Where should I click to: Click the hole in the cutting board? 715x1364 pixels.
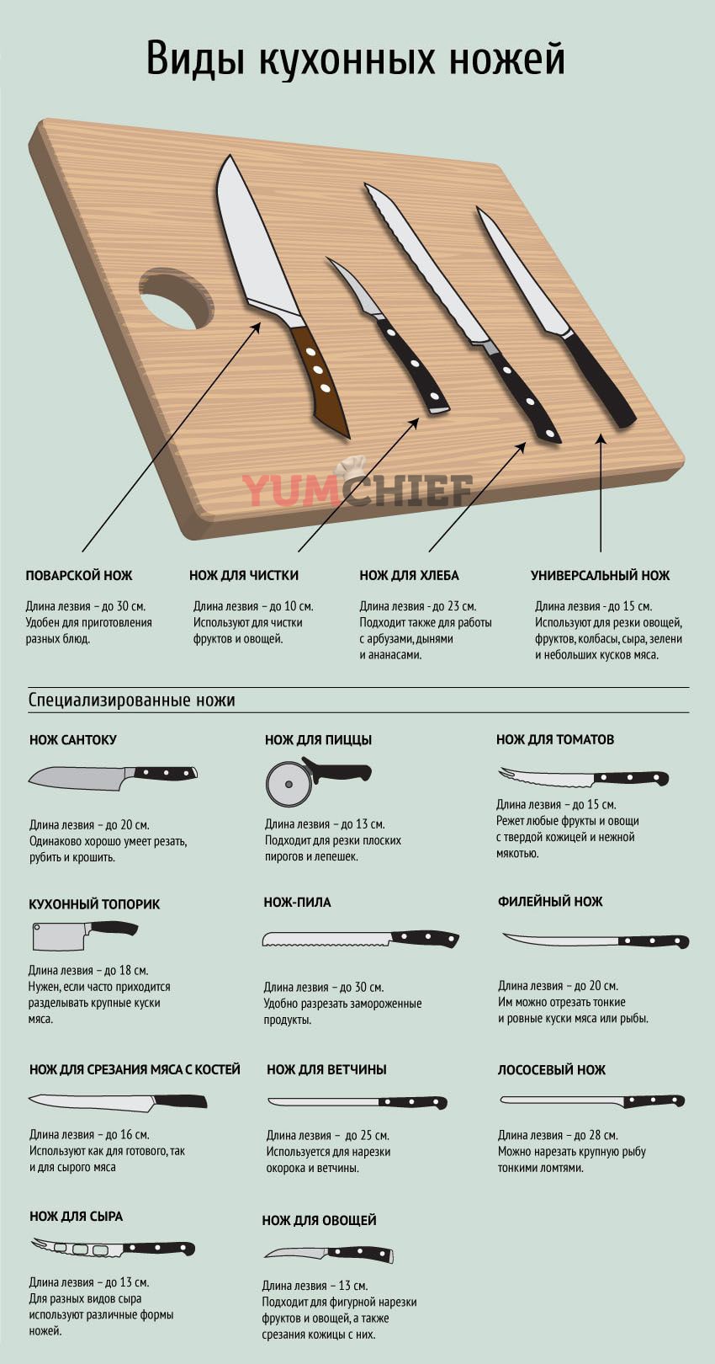[176, 299]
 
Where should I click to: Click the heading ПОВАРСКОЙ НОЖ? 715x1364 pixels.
[79, 575]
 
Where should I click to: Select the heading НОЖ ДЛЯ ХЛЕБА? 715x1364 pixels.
[409, 575]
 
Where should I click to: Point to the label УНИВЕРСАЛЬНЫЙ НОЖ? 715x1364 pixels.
[600, 575]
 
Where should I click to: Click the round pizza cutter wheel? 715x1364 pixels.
[289, 784]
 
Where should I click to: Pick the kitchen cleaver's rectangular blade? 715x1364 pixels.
[60, 936]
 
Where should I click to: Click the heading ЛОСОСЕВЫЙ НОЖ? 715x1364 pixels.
[551, 1070]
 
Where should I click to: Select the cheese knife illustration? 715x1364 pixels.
[114, 1249]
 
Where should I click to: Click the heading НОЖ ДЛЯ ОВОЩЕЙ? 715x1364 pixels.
[319, 1220]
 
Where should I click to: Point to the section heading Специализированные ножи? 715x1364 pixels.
[131, 701]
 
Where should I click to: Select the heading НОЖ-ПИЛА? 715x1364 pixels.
[297, 903]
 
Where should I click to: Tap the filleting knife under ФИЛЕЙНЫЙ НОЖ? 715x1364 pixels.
[595, 940]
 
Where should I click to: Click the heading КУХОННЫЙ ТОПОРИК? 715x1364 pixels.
[94, 904]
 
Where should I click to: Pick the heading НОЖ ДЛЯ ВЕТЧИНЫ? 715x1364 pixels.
[326, 1069]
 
